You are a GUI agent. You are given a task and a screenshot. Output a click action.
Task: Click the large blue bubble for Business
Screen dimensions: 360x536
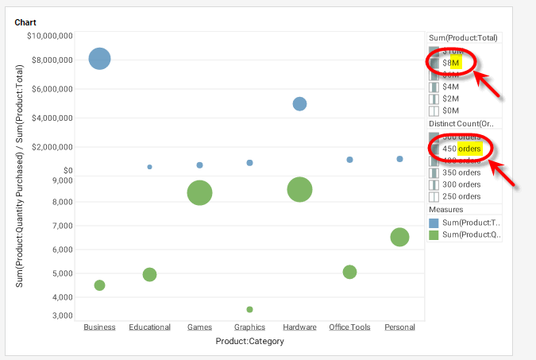99,59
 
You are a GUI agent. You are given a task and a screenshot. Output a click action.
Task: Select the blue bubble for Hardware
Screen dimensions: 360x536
299,103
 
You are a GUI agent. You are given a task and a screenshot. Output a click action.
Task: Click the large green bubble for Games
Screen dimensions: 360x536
199,192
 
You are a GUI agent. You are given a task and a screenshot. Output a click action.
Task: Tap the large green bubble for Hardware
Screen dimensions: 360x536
299,189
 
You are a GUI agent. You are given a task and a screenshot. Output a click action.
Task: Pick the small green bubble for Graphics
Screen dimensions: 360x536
249,309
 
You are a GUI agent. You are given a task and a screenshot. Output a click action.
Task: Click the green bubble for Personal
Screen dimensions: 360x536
399,237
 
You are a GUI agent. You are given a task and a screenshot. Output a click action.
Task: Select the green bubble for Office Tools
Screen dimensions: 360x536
349,272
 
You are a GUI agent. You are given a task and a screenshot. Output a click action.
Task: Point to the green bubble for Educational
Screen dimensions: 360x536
149,274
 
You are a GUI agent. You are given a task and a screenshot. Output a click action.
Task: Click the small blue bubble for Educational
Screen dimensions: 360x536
149,167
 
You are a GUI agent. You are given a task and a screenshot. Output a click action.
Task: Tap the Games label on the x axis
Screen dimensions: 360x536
199,327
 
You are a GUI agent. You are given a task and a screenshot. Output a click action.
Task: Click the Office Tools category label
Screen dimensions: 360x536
349,327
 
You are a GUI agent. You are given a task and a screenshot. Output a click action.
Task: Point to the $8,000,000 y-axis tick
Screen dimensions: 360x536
51,60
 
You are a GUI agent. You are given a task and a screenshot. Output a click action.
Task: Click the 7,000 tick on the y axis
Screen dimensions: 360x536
62,226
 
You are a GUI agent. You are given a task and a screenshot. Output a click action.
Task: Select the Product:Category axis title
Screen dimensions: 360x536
249,341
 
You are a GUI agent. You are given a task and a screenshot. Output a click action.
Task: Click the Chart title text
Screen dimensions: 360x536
25,23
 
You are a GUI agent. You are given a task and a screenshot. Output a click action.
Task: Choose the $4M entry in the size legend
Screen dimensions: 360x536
450,87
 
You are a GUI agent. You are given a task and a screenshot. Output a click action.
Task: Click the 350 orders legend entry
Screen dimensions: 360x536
461,172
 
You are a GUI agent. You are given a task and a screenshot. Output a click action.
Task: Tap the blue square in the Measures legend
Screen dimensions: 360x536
434,223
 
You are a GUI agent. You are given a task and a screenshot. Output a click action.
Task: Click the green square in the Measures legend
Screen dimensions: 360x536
434,235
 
